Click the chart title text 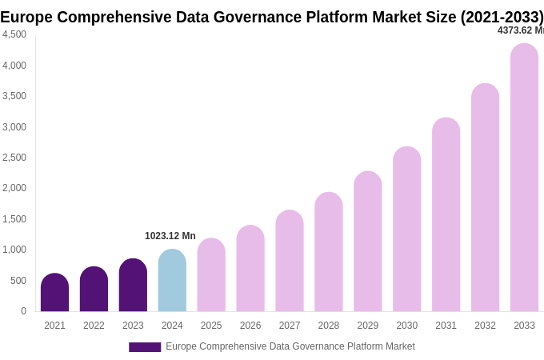[x=271, y=17]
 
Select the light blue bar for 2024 [x=172, y=281]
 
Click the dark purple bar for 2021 [x=54, y=293]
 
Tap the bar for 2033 [x=524, y=178]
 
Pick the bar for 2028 [x=328, y=252]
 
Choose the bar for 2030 [x=406, y=230]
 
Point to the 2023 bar [x=133, y=286]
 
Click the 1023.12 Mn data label [x=170, y=236]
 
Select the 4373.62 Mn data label [x=520, y=30]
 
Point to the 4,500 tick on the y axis [x=14, y=34]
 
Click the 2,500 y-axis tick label [x=14, y=158]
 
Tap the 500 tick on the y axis [x=18, y=281]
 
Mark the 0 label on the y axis [x=23, y=311]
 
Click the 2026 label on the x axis [x=250, y=326]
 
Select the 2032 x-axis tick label [x=485, y=326]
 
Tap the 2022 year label [x=94, y=326]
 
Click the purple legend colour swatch [x=145, y=347]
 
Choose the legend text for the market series [x=290, y=346]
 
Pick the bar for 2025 [x=211, y=275]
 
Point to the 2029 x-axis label [x=367, y=326]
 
